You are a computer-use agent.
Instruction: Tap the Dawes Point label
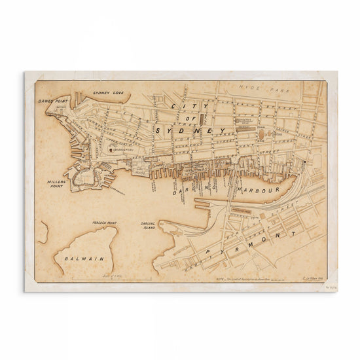52,101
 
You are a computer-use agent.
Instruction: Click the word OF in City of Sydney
199,118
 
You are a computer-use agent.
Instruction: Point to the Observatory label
123,149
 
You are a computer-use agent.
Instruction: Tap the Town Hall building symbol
262,135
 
